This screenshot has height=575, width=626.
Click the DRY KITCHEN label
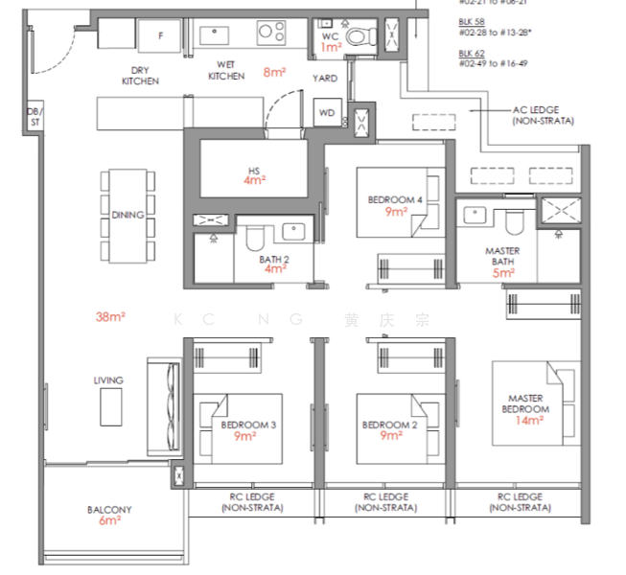139,76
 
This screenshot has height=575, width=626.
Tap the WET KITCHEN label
226,71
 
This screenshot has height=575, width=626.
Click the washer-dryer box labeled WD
327,113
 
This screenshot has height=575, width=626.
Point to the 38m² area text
111,316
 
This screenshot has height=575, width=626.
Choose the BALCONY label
109,510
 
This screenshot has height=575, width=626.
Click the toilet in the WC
359,37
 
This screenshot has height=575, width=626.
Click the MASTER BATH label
502,257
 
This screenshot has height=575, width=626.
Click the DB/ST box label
33,115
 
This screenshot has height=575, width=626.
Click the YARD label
325,79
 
